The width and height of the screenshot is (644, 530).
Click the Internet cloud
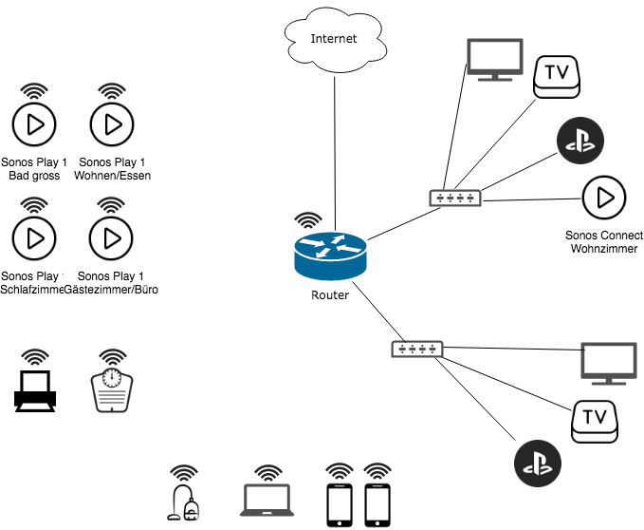click(334, 39)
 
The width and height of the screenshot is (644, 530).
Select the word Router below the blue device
click(330, 295)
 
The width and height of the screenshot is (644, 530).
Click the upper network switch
click(455, 199)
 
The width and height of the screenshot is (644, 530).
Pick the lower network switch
click(416, 350)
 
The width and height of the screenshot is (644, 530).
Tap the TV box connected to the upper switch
click(559, 76)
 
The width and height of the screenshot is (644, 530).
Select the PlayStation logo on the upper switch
click(580, 141)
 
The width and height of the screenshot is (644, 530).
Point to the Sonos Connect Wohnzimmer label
click(604, 242)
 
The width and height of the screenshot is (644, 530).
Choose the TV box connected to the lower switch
click(596, 419)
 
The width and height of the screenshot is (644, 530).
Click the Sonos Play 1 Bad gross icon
click(34, 123)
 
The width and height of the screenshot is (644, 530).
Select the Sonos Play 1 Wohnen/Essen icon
click(112, 123)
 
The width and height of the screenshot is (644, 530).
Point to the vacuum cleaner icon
click(185, 501)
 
